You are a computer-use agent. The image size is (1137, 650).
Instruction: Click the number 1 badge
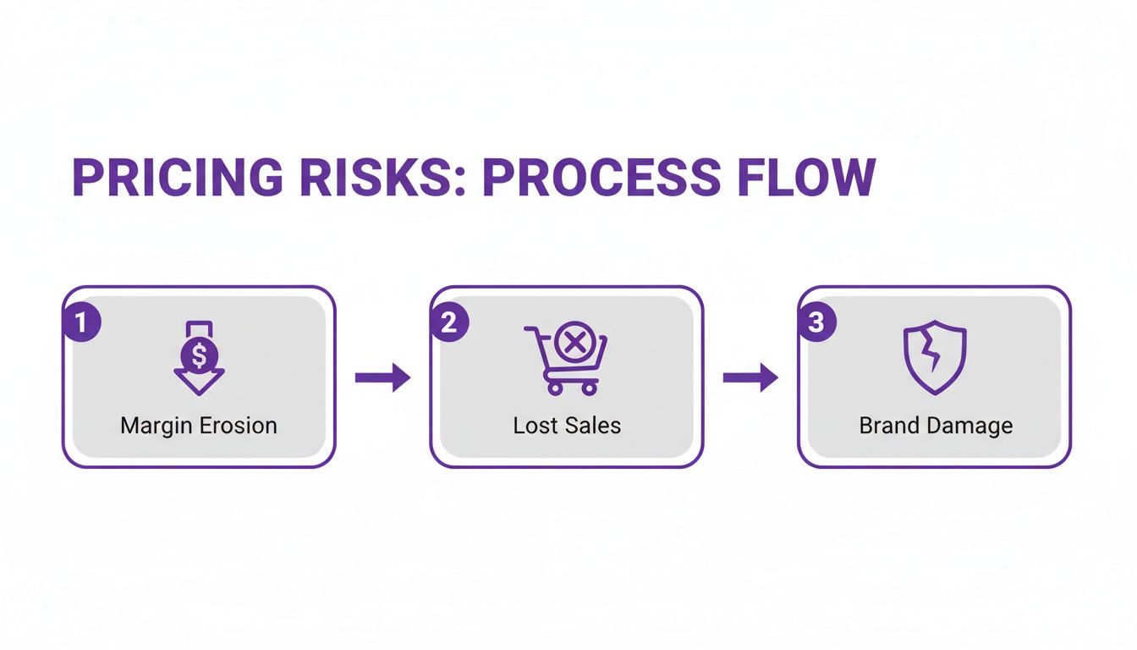coord(82,323)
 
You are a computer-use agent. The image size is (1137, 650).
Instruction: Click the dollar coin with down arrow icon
coord(199,358)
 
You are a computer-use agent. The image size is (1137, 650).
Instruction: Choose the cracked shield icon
coord(934,358)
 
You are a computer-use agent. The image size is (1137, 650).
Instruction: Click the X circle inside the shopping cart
coord(575,343)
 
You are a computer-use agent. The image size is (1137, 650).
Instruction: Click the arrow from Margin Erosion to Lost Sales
coord(382,377)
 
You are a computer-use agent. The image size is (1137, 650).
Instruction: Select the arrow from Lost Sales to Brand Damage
coord(750,377)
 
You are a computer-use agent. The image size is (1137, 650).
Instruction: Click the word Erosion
coord(239,425)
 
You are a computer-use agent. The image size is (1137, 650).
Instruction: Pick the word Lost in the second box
coord(533,425)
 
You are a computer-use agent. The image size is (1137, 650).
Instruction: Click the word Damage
coord(969,425)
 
